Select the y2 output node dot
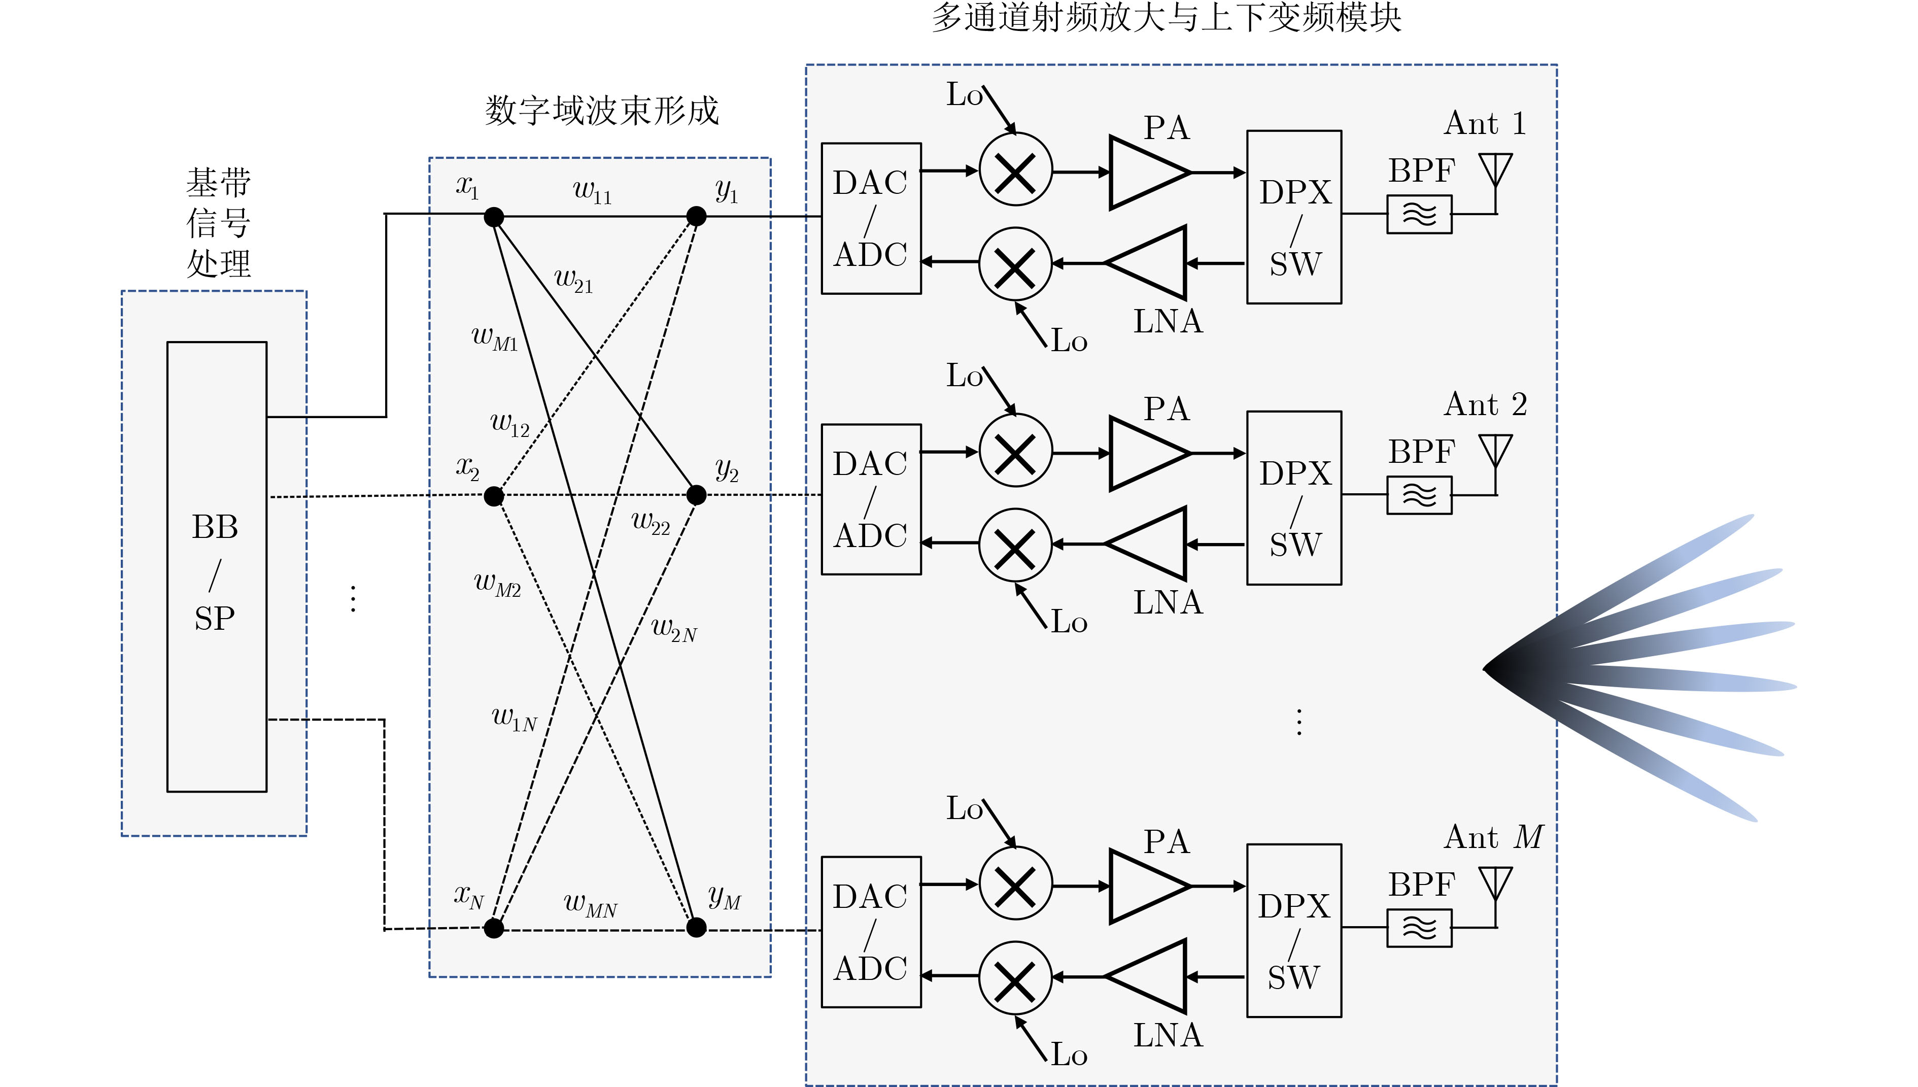pos(696,494)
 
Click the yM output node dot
pos(696,927)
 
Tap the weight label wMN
pos(590,905)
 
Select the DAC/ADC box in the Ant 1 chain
pos(871,218)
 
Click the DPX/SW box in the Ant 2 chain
pos(1294,497)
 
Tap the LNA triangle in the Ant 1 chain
pos(1146,263)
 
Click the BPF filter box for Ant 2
pos(1419,495)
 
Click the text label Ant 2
pos(1485,404)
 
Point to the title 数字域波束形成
pos(601,111)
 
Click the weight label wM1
pos(495,338)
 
